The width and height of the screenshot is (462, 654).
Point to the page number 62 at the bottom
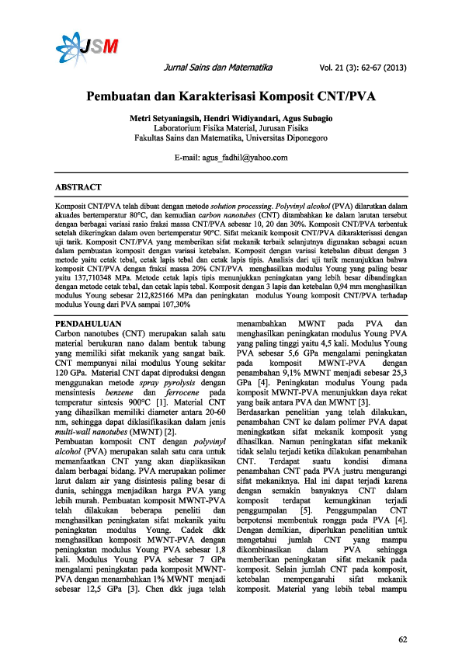[x=402, y=617]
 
